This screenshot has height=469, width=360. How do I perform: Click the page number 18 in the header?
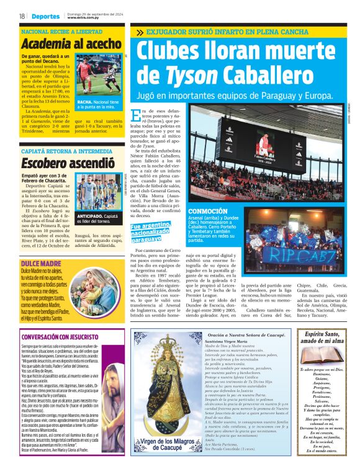pyautogui.click(x=22, y=16)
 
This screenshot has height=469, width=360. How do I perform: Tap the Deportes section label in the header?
pyautogui.click(x=46, y=16)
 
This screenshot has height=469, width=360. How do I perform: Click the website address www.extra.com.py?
pyautogui.click(x=83, y=18)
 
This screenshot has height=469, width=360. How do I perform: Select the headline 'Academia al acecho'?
pyautogui.click(x=68, y=44)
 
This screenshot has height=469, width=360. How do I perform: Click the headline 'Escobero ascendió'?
pyautogui.click(x=60, y=164)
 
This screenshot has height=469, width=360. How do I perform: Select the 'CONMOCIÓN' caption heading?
pyautogui.click(x=204, y=212)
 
